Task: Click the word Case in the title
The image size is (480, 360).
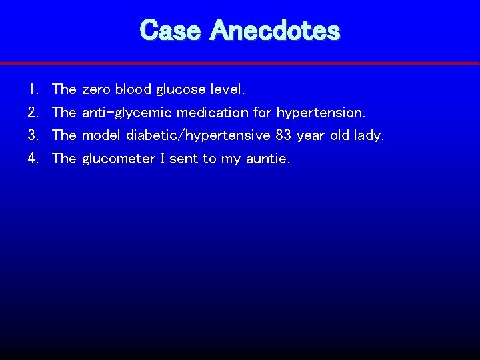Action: tap(171, 30)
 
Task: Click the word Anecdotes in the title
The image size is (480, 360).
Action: tap(275, 30)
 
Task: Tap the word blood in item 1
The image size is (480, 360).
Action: tap(133, 89)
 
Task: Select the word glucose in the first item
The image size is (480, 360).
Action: tap(181, 89)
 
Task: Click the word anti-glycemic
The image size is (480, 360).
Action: tap(127, 113)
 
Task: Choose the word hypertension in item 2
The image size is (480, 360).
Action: tap(321, 113)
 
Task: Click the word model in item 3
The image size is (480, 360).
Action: tap(100, 135)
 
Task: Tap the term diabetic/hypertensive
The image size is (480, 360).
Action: tap(197, 136)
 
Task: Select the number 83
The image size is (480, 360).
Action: tap(283, 135)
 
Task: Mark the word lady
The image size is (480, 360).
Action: tap(369, 136)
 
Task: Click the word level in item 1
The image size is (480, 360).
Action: tap(227, 89)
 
